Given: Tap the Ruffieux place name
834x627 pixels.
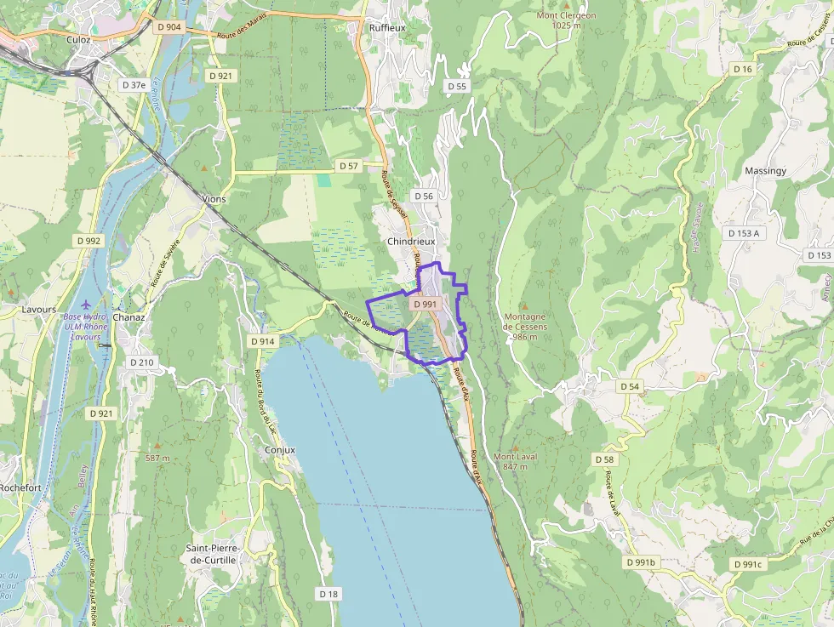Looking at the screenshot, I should (387, 27).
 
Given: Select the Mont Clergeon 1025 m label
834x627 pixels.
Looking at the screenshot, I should (566, 20).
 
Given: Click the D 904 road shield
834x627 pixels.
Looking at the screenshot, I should (169, 26).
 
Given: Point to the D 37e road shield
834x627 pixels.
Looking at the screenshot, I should (134, 84).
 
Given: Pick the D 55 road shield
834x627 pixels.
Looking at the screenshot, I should (457, 86).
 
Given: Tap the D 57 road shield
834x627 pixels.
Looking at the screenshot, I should (348, 166).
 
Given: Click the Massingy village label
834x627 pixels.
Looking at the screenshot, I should (765, 171).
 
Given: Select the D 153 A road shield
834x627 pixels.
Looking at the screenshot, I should (743, 232).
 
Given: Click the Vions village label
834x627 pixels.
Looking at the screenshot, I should (214, 199).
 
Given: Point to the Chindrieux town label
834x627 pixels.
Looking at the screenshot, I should (410, 242).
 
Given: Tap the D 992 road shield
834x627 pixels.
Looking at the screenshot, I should (89, 241).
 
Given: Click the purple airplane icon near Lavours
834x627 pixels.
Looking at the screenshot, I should (84, 304).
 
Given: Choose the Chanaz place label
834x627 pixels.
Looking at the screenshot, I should (129, 317).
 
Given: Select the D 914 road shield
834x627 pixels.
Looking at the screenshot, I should (263, 340).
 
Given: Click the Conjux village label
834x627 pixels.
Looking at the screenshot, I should (280, 449).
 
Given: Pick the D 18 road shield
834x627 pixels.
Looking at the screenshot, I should (328, 593).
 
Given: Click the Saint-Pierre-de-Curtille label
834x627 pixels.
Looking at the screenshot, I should (213, 554).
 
